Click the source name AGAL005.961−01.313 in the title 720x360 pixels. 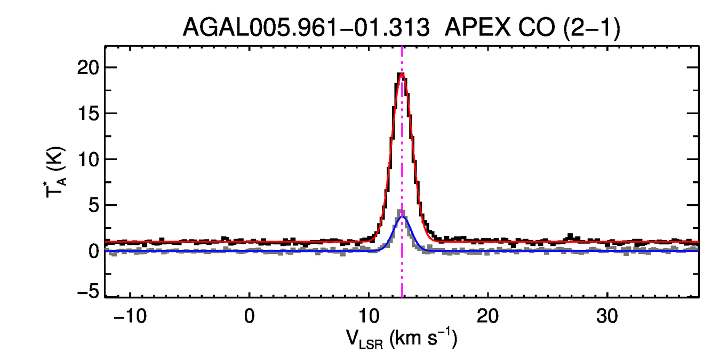tap(306, 28)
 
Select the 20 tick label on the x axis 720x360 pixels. tap(488, 315)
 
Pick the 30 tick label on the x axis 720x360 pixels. tap(607, 315)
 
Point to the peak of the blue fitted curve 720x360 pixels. tap(402, 217)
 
